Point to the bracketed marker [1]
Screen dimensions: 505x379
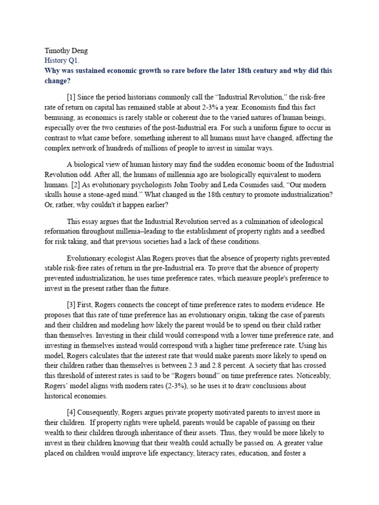tap(72, 97)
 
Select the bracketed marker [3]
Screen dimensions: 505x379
tap(72, 305)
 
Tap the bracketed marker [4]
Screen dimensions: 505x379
tap(72, 412)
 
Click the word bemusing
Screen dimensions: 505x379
tap(54, 118)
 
